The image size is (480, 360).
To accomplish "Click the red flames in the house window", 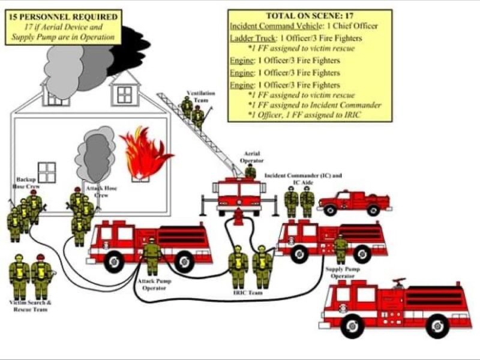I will tap(144, 153).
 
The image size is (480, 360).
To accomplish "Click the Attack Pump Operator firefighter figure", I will tap(152, 255).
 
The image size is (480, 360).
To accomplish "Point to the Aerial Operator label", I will tap(251, 157).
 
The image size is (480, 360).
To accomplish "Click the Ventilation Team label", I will tap(197, 97).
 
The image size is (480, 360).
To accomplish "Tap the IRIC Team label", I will tap(247, 293).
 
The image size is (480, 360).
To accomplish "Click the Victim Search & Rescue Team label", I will tap(30, 305).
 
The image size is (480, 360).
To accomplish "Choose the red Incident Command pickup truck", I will tap(354, 202).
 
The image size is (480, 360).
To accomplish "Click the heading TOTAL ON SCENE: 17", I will tap(310, 16).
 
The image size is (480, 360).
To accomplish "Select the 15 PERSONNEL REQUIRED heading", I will tap(63, 16).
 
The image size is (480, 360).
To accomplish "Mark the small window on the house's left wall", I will tap(46, 172).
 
